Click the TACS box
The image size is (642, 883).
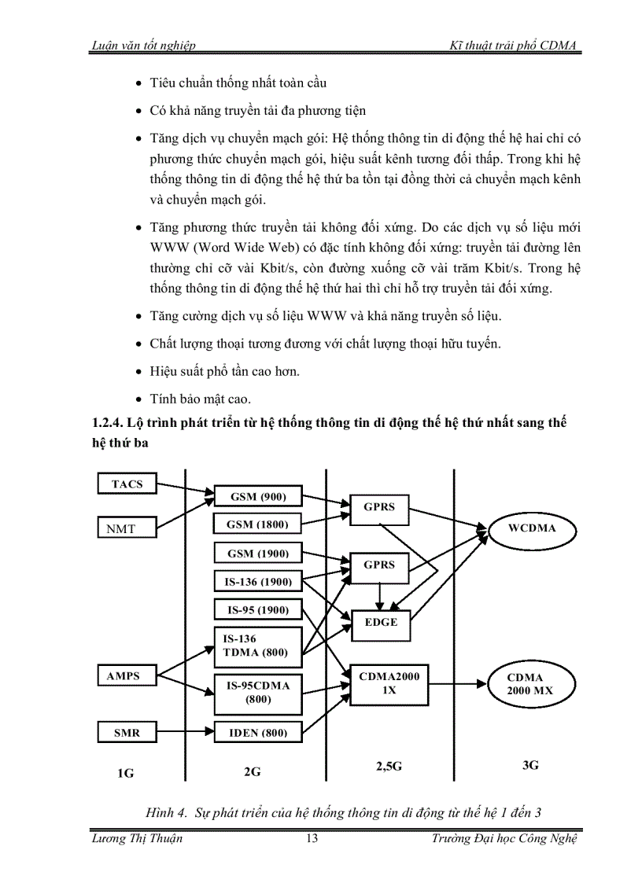point(127,484)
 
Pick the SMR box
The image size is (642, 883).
point(127,732)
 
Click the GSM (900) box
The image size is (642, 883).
point(257,496)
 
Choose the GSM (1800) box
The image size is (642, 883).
point(257,524)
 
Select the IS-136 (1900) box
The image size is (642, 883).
point(257,582)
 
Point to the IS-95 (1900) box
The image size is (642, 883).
point(257,609)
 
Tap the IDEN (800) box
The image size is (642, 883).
point(257,733)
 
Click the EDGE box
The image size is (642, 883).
point(381,622)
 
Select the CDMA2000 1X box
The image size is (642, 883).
point(389,682)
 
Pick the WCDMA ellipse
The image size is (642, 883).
point(533,528)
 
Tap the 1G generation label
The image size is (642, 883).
point(126,772)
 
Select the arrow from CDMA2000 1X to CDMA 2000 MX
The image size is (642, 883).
point(456,682)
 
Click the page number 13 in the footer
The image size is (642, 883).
point(312,838)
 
